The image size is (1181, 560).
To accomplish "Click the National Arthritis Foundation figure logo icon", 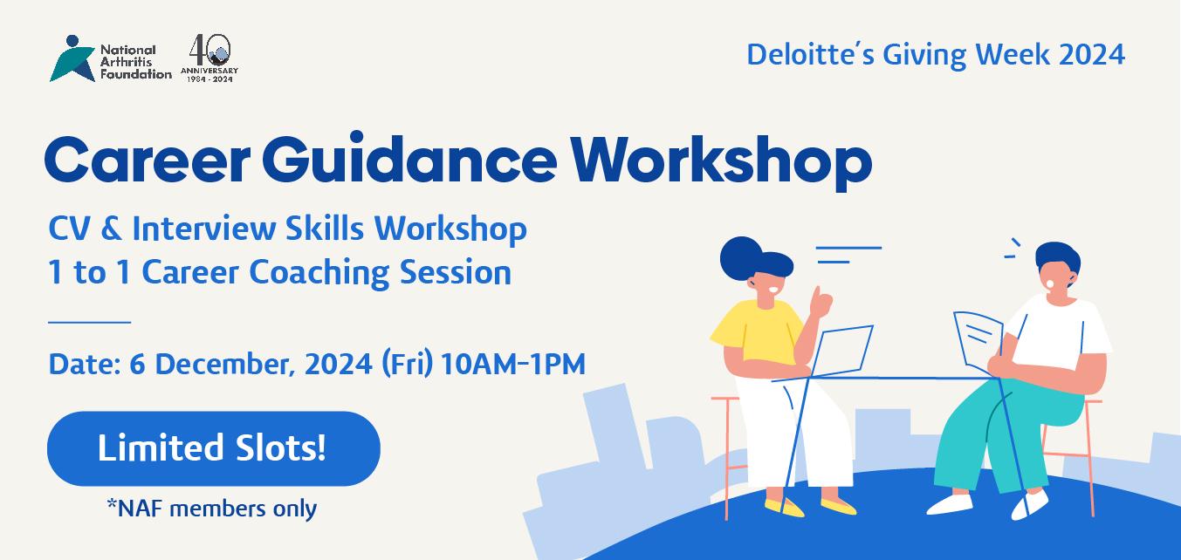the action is [x=72, y=59].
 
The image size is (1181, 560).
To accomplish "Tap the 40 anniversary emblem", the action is [x=209, y=58].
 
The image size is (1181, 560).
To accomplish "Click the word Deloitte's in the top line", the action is [x=810, y=55].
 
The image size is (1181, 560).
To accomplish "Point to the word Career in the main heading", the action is [x=148, y=160].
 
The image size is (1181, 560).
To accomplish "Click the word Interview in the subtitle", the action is [x=204, y=229].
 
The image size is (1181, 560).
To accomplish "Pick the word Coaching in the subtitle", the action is [x=319, y=273].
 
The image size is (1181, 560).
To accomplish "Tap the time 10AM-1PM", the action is [x=513, y=364].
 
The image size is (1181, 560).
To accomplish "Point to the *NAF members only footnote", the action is [x=212, y=509].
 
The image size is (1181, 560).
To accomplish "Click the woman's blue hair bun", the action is [x=740, y=257].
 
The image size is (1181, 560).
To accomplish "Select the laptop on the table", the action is [x=841, y=351].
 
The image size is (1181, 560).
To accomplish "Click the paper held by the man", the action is [x=978, y=341].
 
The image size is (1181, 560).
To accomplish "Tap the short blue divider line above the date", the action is [x=89, y=322].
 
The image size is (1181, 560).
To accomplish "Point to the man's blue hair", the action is [x=1058, y=259].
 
